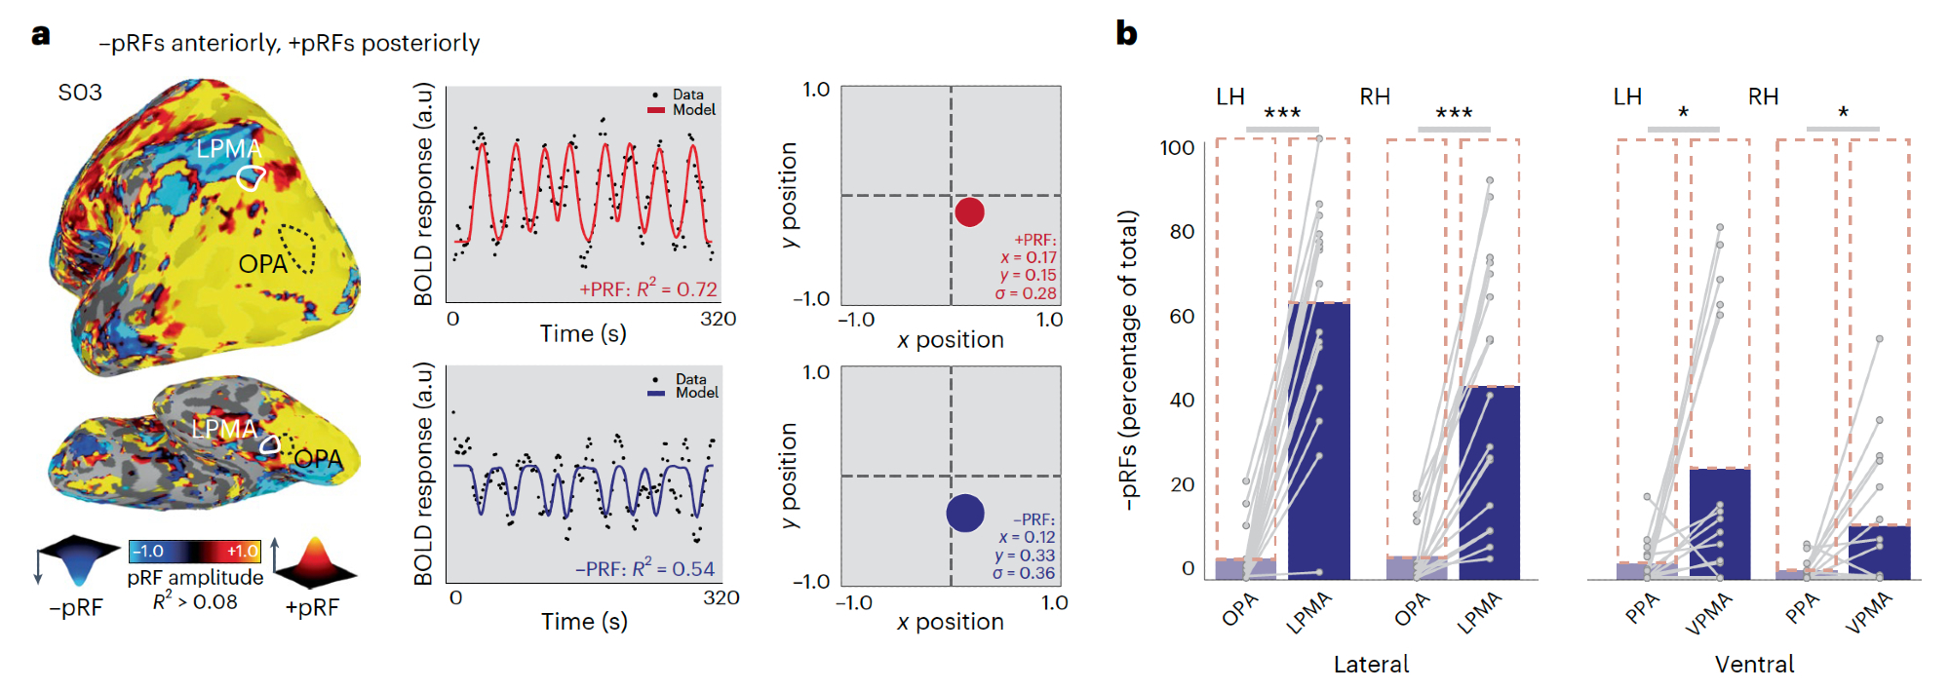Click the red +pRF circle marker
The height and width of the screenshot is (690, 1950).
969,211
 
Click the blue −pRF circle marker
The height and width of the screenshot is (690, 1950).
965,514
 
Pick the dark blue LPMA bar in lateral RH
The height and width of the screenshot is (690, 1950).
1489,482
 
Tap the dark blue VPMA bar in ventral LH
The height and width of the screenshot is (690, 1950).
1719,523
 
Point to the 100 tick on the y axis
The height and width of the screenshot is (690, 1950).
1177,148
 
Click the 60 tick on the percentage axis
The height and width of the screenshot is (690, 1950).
1182,316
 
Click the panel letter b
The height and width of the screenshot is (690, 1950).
1127,33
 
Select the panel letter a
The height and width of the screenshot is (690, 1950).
40,35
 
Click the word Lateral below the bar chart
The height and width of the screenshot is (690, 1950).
1371,664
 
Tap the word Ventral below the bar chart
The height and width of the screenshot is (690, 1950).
1754,664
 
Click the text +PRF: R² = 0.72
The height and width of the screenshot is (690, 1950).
648,289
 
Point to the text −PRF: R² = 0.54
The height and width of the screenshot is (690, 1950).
644,568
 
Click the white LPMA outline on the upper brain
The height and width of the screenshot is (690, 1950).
252,177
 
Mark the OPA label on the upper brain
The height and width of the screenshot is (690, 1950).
262,264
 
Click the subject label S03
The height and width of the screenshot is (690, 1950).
80,93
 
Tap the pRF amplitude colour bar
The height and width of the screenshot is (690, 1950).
195,552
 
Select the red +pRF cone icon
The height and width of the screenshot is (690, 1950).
314,562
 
